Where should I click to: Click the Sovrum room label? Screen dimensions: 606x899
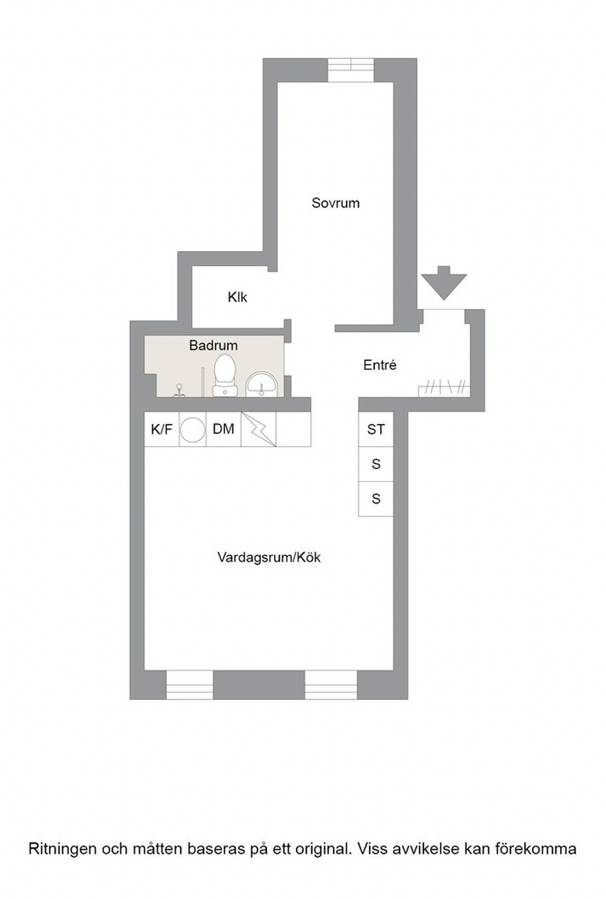[335, 203]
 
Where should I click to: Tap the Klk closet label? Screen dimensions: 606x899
[237, 297]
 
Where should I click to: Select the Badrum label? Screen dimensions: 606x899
[213, 345]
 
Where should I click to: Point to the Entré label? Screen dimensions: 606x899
[380, 365]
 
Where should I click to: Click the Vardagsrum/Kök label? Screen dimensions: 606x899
[269, 557]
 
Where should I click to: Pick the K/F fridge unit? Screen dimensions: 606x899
[161, 429]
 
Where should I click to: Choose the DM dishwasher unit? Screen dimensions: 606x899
[223, 429]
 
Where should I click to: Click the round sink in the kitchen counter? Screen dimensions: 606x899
[193, 430]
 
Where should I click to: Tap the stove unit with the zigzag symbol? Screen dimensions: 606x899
[259, 429]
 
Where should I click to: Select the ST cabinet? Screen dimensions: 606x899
[376, 429]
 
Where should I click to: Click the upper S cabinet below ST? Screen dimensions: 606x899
[376, 464]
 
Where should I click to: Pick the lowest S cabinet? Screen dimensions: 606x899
[376, 499]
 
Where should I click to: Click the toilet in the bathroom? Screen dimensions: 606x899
[224, 376]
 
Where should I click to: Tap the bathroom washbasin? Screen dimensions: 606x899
[262, 383]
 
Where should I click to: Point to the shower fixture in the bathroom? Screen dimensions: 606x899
[180, 391]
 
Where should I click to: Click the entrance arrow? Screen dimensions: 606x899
[444, 283]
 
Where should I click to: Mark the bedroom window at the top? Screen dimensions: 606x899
[350, 70]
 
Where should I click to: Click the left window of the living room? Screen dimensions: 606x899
[190, 685]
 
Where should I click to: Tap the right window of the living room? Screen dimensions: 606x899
[331, 685]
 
